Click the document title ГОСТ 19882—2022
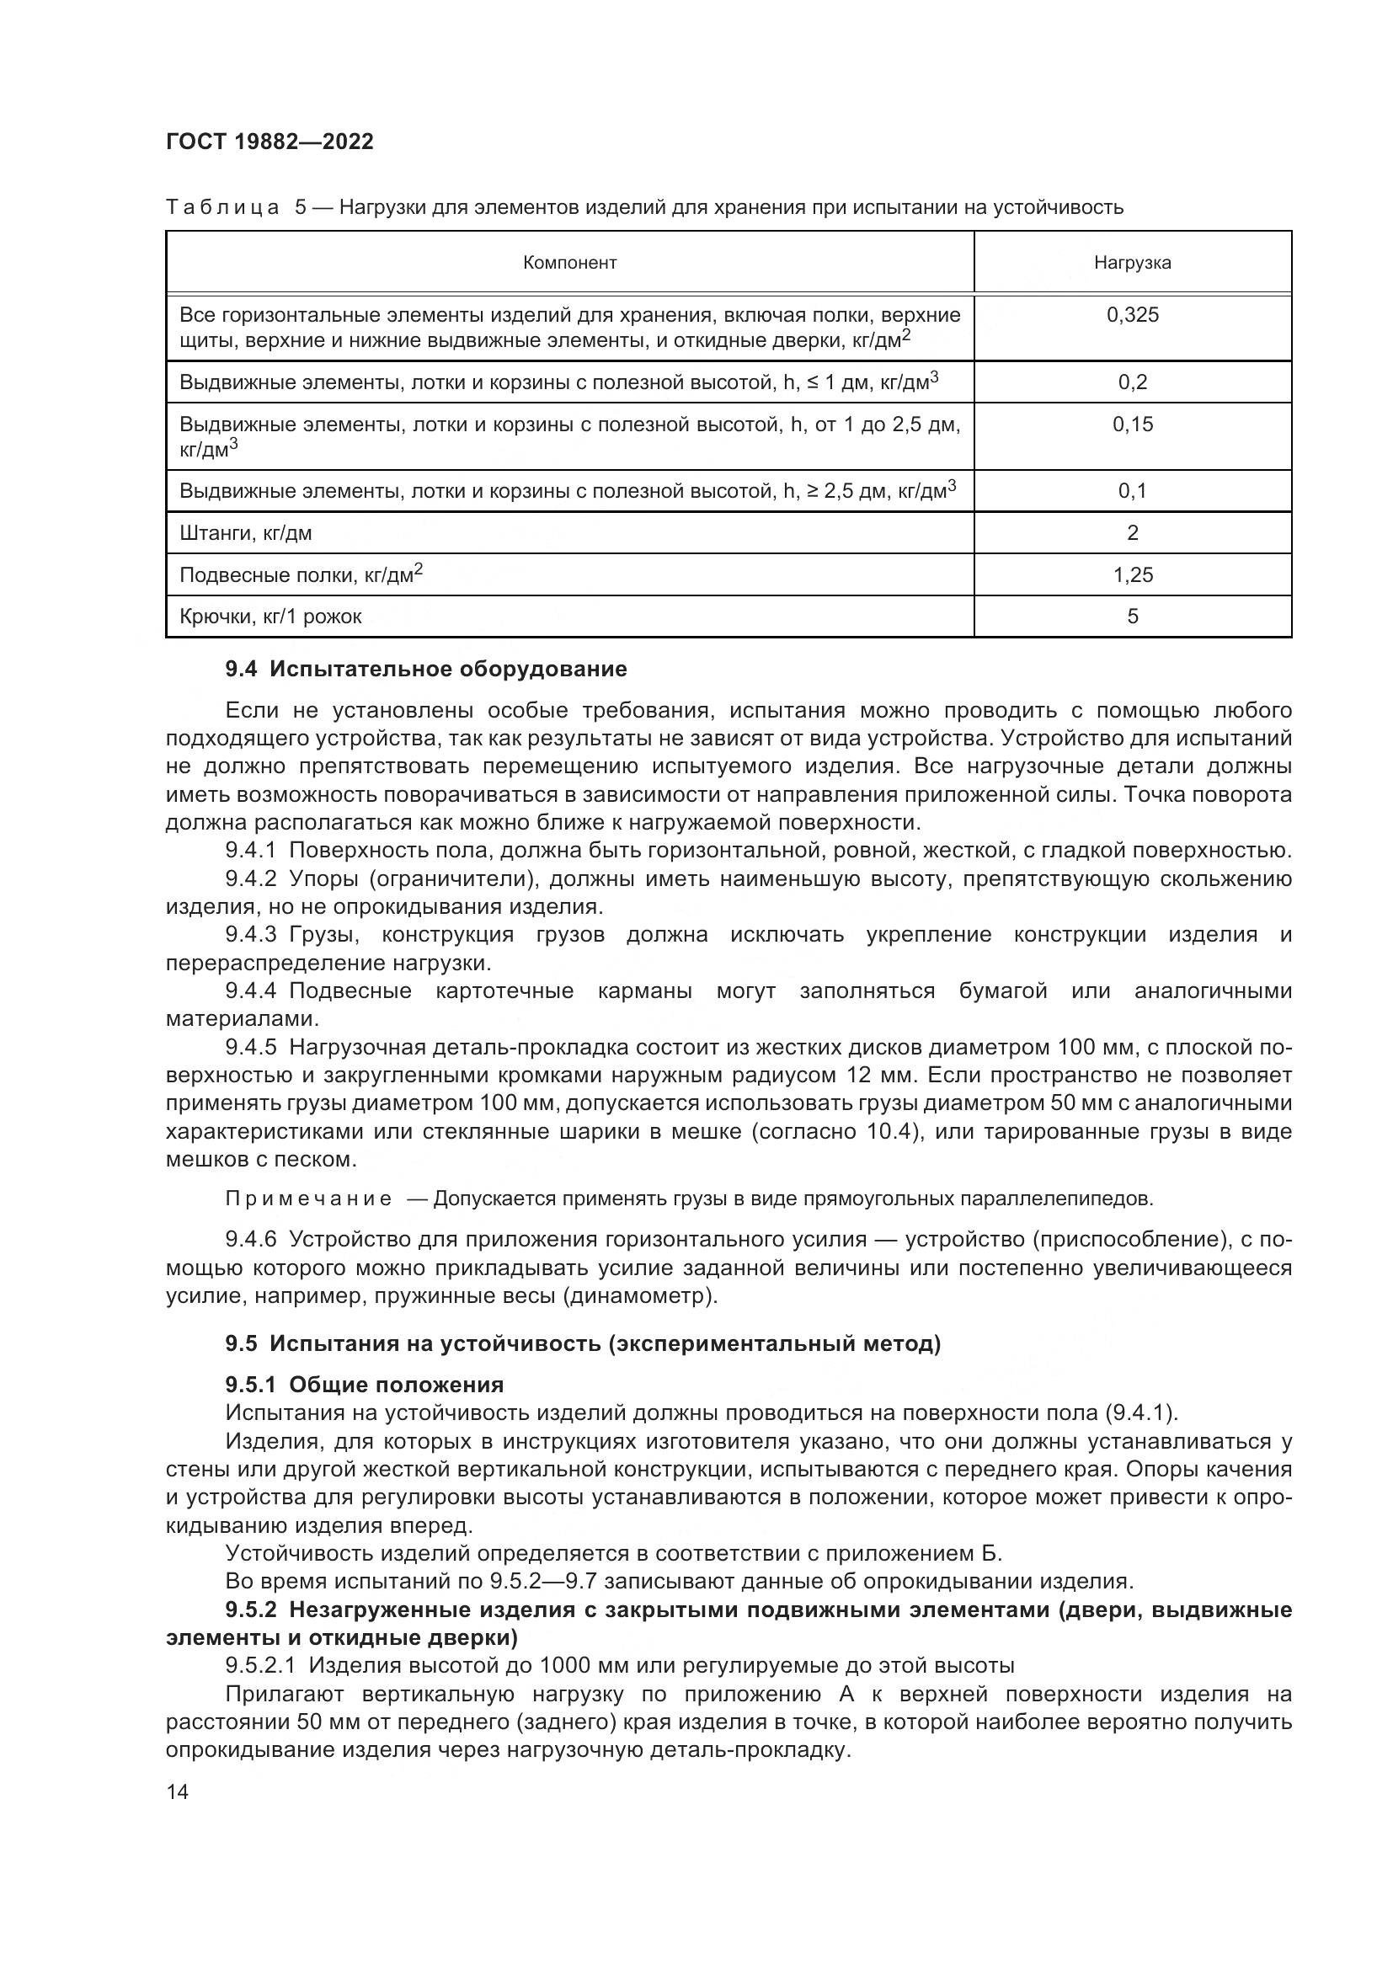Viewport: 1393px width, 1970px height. tap(270, 141)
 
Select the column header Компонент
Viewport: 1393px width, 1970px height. tap(569, 263)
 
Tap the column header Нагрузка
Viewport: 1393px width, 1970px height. tap(1131, 263)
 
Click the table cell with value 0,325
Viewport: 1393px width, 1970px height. tap(1131, 315)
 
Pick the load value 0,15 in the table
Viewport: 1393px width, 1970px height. tap(1131, 424)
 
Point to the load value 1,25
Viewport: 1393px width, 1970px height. tap(1131, 575)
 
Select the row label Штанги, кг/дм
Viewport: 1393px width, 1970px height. tap(245, 533)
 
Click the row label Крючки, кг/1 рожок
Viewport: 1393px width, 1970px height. tap(270, 616)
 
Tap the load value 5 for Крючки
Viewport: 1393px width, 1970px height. tap(1131, 616)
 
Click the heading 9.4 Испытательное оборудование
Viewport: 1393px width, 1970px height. tap(425, 669)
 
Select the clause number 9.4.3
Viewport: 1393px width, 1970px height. tap(250, 934)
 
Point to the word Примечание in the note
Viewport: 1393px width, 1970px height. tap(308, 1199)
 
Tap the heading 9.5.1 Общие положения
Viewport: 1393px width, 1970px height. tap(365, 1385)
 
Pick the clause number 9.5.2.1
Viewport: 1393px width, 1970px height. tap(260, 1665)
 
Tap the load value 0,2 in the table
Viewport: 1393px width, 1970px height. tap(1131, 382)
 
